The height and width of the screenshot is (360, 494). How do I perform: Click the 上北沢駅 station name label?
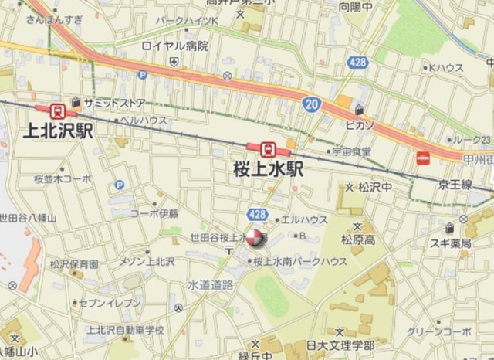[52, 131]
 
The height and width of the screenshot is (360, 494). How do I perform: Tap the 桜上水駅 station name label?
[268, 168]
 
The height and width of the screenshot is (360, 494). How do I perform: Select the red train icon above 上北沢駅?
[56, 110]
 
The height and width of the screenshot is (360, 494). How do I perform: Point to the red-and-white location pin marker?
[255, 241]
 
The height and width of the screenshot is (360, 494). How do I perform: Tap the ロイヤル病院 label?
[174, 46]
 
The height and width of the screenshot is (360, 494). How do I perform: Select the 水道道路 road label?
[210, 285]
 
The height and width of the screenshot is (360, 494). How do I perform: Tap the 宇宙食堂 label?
[352, 151]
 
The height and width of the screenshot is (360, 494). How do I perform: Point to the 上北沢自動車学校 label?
[126, 330]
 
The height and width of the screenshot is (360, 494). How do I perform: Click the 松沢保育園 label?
[74, 264]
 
